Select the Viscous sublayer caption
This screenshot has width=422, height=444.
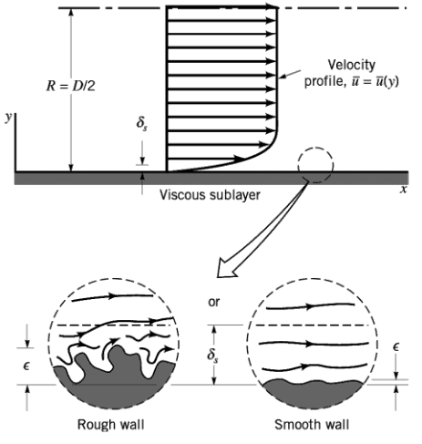[209, 195]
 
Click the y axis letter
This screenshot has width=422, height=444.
[7, 119]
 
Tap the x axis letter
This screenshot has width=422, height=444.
[402, 190]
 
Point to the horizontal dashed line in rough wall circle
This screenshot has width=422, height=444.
[114, 325]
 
